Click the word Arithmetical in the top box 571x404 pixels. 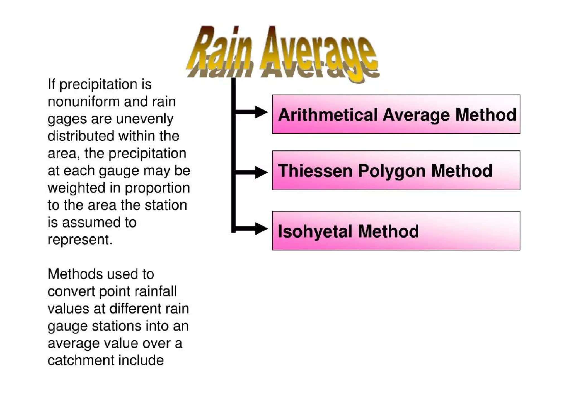[328, 115]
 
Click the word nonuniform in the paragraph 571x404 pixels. [84, 102]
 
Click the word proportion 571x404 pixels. [157, 188]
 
